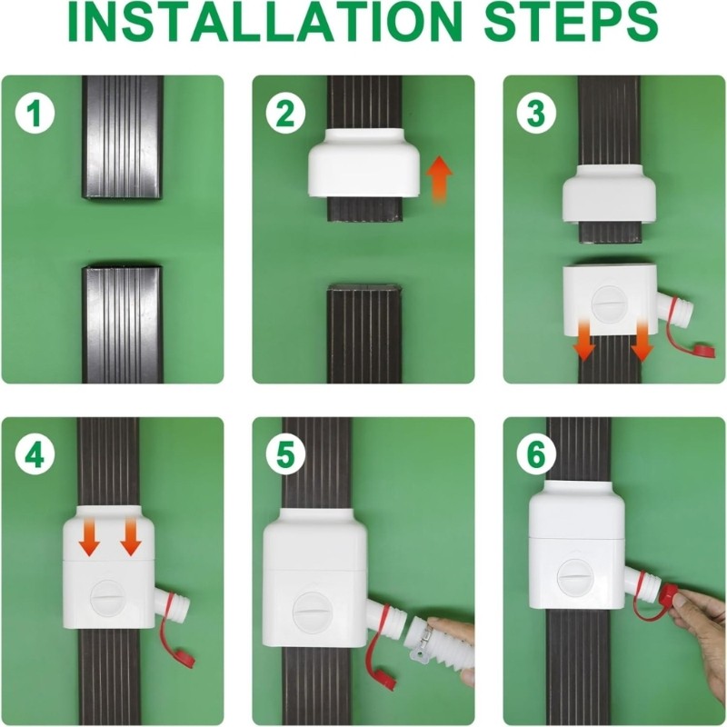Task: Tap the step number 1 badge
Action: pyautogui.click(x=34, y=115)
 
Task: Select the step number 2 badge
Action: pyautogui.click(x=284, y=115)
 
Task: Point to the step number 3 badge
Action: pyautogui.click(x=535, y=115)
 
